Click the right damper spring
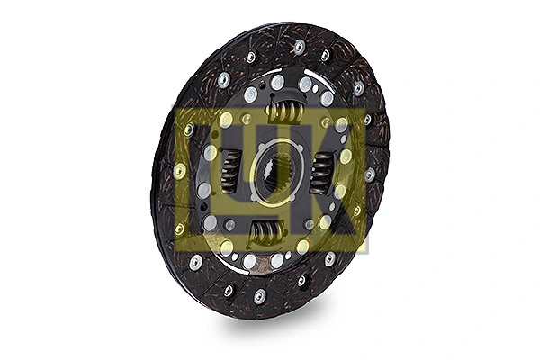pos(323,170)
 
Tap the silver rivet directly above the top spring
pos(278,83)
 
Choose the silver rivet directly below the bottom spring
pos(249,261)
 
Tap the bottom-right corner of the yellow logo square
pos(365,249)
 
